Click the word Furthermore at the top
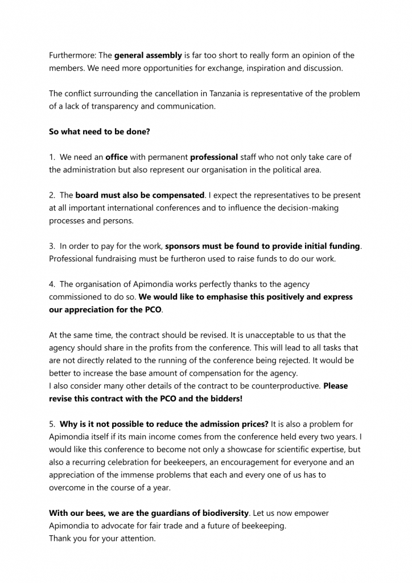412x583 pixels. (x=72, y=55)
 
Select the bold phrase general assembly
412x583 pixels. (x=148, y=55)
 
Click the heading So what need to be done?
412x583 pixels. (x=99, y=132)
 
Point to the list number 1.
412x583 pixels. (x=51, y=157)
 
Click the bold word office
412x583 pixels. (x=117, y=157)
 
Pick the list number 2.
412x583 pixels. (x=51, y=195)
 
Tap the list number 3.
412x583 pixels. (x=51, y=246)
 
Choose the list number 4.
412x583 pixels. (x=51, y=284)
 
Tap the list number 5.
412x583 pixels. (x=51, y=424)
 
